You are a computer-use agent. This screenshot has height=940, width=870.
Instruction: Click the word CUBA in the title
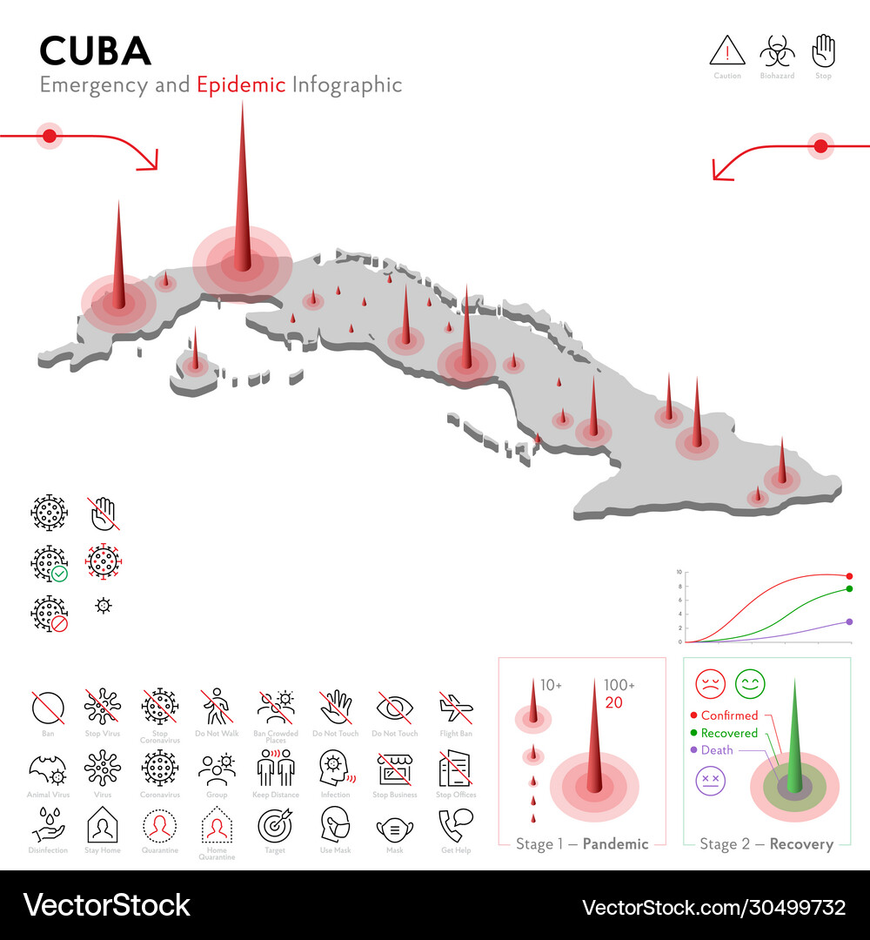96,51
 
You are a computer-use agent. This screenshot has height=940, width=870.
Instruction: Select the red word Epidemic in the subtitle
241,84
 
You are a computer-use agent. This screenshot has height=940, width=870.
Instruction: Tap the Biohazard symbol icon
777,51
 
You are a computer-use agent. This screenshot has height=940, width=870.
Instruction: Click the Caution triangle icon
727,51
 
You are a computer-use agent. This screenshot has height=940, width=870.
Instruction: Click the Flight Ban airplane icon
455,708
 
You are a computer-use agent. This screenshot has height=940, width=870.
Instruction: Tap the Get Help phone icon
455,824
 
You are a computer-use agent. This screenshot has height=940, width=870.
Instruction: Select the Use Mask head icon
335,824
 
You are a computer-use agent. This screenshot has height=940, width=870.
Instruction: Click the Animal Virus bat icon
48,769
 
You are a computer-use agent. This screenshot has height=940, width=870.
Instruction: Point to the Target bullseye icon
276,824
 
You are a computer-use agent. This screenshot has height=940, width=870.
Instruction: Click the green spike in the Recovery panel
793,740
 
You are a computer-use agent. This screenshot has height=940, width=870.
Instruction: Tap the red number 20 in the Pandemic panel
614,703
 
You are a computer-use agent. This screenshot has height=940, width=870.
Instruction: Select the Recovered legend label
729,733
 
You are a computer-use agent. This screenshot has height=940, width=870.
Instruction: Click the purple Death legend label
717,750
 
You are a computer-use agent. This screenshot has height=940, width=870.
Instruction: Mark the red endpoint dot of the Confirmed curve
849,576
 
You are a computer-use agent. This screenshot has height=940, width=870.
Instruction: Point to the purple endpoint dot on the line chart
849,621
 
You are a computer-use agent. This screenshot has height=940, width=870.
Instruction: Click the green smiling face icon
749,683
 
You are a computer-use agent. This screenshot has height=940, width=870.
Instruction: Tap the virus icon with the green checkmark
49,563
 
